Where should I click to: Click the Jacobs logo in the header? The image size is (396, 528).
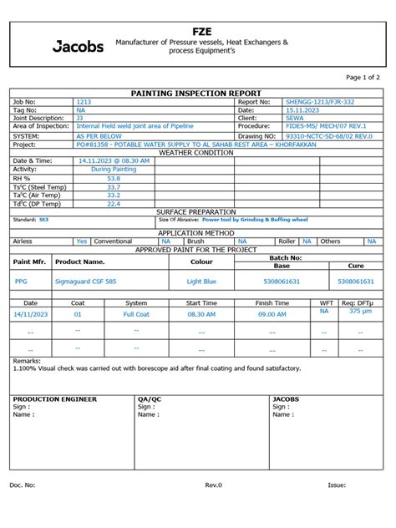[79, 47]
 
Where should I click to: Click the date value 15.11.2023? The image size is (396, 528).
[301, 109]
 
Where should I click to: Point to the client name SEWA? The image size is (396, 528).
[294, 118]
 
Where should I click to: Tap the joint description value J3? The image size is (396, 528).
[80, 118]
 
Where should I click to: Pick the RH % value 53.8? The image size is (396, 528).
[114, 178]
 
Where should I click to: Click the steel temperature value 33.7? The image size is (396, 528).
[114, 187]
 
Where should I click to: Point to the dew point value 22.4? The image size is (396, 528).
[114, 203]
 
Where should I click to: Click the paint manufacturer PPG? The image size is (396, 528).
[21, 282]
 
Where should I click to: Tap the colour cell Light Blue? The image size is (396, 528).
[201, 282]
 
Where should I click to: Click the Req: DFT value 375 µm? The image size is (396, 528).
[360, 311]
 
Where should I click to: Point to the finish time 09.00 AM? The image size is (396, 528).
[272, 314]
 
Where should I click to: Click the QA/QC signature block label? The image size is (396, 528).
[150, 399]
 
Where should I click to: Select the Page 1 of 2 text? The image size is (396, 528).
[362, 77]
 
